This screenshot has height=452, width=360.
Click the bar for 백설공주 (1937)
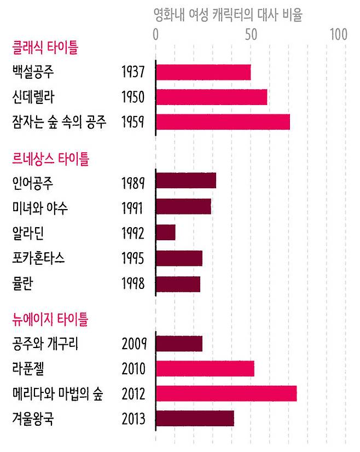pyautogui.click(x=203, y=72)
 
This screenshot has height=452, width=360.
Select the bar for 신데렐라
pyautogui.click(x=211, y=97)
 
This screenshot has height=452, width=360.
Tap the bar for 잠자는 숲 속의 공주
pyautogui.click(x=223, y=122)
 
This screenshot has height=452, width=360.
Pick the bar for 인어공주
pyautogui.click(x=186, y=180)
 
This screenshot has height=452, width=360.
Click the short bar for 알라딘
pyautogui.click(x=166, y=233)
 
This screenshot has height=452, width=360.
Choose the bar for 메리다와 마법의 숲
pyautogui.click(x=226, y=393)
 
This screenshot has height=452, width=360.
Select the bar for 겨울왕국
pyautogui.click(x=195, y=419)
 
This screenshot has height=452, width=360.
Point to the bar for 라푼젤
pyautogui.click(x=205, y=368)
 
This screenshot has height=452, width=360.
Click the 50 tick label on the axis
pyautogui.click(x=251, y=34)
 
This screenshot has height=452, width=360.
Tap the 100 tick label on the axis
pyautogui.click(x=339, y=34)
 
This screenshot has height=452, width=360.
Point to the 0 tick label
pyautogui.click(x=156, y=34)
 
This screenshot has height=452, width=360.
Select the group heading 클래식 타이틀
pyautogui.click(x=45, y=48)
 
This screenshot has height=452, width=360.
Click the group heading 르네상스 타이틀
pyautogui.click(x=50, y=159)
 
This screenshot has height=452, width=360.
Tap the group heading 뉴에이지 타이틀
pyautogui.click(x=50, y=319)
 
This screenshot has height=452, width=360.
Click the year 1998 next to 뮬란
pyautogui.click(x=133, y=284)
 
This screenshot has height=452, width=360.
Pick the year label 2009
pyautogui.click(x=133, y=344)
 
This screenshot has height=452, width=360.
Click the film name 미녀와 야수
pyautogui.click(x=40, y=208)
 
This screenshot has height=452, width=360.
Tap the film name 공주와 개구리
pyautogui.click(x=45, y=344)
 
